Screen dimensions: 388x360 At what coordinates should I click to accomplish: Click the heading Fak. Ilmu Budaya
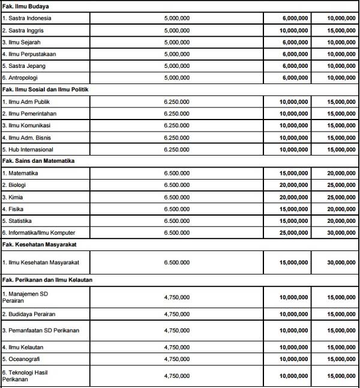click(x=25, y=6)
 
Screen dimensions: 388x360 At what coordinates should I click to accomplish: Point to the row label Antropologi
click(x=22, y=77)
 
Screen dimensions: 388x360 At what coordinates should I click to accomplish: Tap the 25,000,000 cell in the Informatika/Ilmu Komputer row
click(x=294, y=232)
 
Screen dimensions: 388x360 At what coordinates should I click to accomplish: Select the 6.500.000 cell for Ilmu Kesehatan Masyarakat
click(x=177, y=262)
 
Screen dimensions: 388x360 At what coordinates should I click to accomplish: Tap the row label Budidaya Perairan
click(x=29, y=314)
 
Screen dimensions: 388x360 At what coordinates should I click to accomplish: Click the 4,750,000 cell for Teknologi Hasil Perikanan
click(x=177, y=376)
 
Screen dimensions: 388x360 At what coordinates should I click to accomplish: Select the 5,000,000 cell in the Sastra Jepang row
click(x=177, y=65)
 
